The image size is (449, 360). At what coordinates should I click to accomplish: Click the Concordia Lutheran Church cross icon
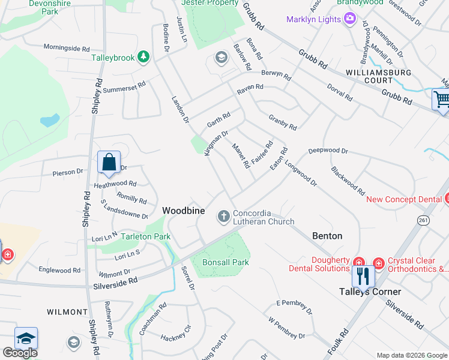click(224, 216)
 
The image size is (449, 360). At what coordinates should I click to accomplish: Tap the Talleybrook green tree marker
click(143, 57)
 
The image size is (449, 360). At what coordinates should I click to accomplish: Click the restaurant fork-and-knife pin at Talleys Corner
click(363, 276)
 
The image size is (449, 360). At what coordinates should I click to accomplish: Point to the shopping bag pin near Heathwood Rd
click(109, 163)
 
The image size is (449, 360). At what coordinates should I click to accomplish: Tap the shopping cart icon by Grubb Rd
click(442, 100)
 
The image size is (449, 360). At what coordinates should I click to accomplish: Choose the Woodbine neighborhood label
click(184, 211)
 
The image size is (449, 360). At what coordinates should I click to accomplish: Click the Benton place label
click(327, 236)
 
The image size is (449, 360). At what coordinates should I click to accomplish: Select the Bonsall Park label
click(225, 262)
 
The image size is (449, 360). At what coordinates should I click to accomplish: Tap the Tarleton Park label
click(146, 236)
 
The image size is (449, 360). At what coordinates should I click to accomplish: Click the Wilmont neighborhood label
click(68, 312)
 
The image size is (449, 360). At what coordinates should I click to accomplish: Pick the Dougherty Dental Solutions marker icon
click(358, 262)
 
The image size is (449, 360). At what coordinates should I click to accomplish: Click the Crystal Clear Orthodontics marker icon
click(378, 262)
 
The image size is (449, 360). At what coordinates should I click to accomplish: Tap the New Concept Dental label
click(403, 199)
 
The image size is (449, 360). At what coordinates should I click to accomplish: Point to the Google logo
click(20, 353)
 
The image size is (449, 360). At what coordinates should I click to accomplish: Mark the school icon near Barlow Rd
click(220, 58)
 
